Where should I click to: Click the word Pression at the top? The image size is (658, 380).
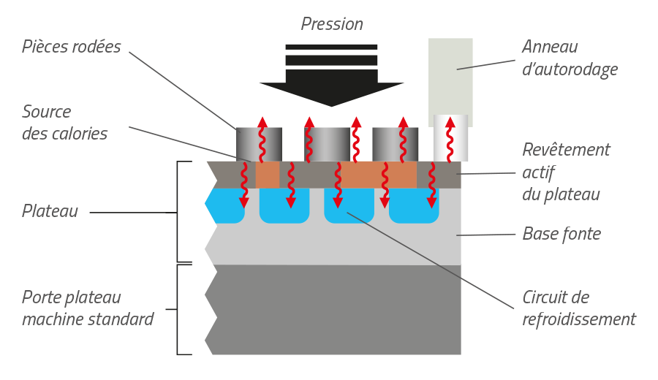tap(332, 24)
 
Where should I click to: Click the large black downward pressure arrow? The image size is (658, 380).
tap(331, 77)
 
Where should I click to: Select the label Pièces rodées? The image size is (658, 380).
tap(71, 47)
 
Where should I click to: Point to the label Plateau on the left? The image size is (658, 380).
tap(50, 211)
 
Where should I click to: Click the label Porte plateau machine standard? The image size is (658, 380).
tap(88, 308)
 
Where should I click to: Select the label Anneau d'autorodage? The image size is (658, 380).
tap(570, 58)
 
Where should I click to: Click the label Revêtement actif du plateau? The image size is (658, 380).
tap(566, 172)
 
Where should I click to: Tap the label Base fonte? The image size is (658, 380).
tap(561, 234)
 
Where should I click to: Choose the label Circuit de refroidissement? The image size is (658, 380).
tap(578, 308)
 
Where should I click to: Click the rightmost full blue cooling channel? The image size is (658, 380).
tap(414, 207)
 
